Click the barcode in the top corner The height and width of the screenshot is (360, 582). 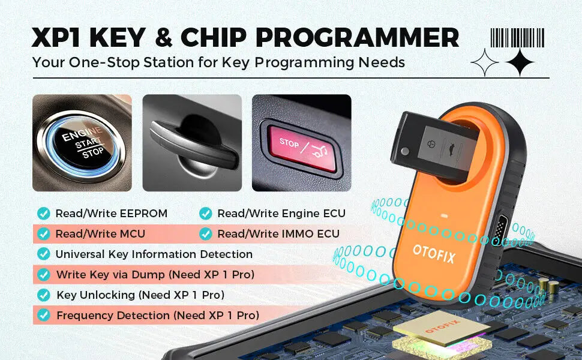pyautogui.click(x=518, y=38)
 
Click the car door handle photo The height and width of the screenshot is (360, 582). pyautogui.click(x=192, y=143)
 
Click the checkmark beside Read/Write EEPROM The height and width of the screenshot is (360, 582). pyautogui.click(x=44, y=213)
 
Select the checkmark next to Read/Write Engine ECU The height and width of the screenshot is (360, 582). pyautogui.click(x=206, y=213)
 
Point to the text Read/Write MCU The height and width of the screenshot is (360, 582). pyautogui.click(x=100, y=233)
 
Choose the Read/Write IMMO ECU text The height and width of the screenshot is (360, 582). pyautogui.click(x=278, y=233)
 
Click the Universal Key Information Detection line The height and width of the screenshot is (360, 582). pyautogui.click(x=154, y=254)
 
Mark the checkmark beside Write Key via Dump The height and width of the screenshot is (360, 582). pyautogui.click(x=44, y=274)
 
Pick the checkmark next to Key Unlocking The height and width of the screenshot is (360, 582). pyautogui.click(x=44, y=295)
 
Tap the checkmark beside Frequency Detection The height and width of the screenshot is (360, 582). pyautogui.click(x=44, y=315)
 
